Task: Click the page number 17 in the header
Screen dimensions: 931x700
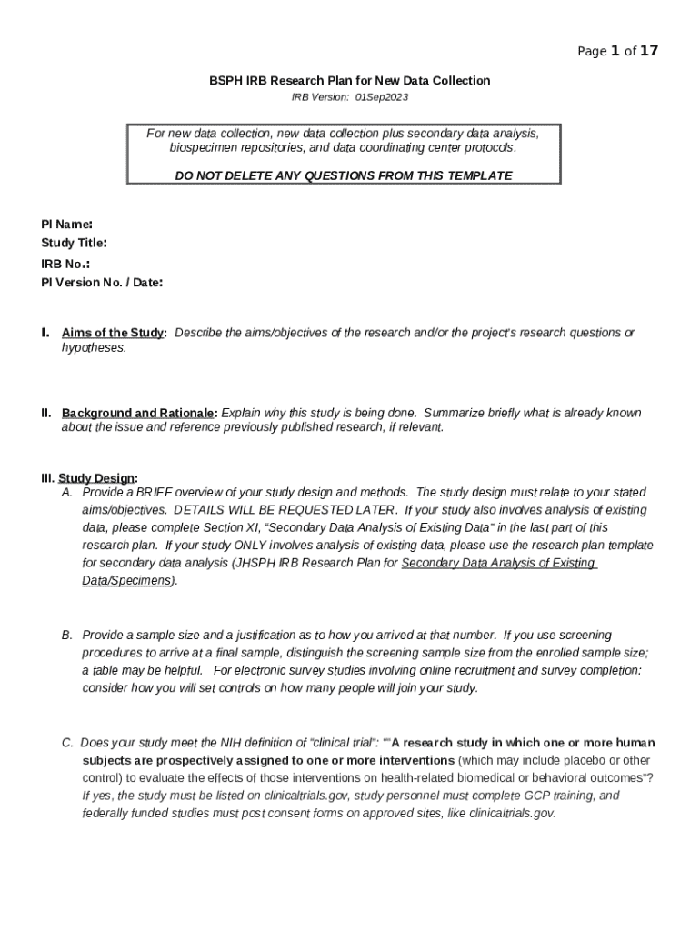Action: (648, 51)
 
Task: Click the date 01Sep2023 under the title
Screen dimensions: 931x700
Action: (382, 96)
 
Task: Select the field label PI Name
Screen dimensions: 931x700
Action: (66, 224)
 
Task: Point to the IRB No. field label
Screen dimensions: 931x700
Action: (65, 264)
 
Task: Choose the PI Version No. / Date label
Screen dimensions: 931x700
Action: (102, 283)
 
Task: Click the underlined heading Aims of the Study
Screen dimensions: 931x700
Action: (114, 333)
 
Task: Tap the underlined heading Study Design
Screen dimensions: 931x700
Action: (97, 478)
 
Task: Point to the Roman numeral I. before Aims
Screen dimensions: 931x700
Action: (45, 333)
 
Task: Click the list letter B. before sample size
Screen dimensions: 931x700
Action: (67, 635)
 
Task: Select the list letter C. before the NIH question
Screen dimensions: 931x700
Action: (67, 743)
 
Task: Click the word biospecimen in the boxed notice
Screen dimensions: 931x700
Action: (204, 147)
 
